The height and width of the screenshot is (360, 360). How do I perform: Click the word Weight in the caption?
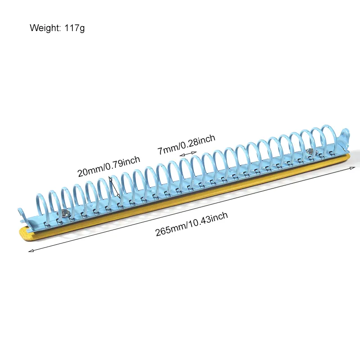(x=45, y=28)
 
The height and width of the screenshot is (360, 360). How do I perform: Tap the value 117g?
(x=75, y=28)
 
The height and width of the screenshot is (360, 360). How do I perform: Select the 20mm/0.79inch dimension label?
(x=108, y=166)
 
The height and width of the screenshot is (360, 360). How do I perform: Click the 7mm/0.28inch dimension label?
(x=186, y=144)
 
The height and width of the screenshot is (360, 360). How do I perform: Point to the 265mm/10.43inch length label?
(x=192, y=224)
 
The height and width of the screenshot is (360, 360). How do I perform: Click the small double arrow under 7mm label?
(x=188, y=153)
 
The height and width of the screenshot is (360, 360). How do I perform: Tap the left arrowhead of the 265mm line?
(x=31, y=251)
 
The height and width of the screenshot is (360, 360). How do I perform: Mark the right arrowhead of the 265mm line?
(x=352, y=168)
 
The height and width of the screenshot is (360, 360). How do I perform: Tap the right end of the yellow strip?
(x=350, y=157)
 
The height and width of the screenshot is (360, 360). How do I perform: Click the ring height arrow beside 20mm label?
(x=114, y=187)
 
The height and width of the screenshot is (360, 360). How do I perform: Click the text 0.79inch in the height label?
(x=122, y=162)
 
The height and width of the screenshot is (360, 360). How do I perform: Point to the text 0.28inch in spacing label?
(x=198, y=140)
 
